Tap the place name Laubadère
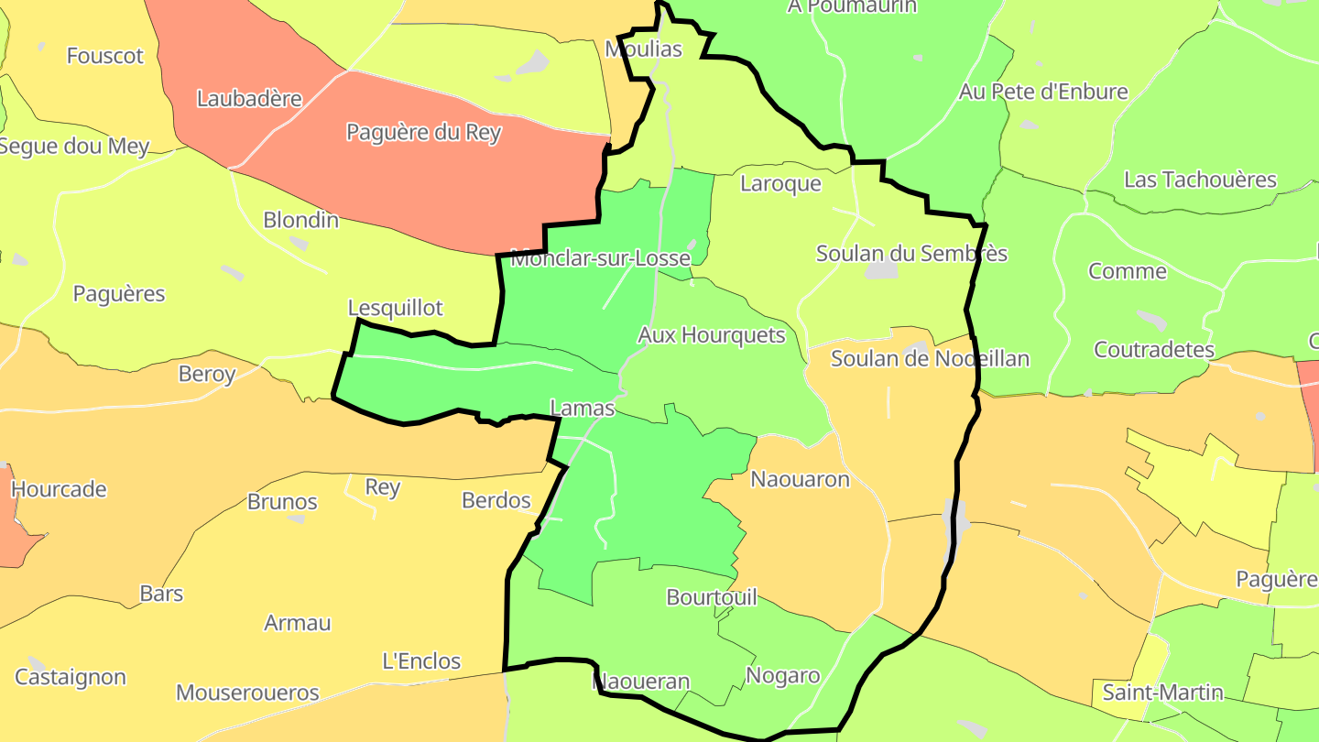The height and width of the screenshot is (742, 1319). click(x=249, y=98)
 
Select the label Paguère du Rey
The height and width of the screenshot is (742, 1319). click(x=423, y=132)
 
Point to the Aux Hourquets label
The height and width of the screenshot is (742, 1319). click(x=711, y=335)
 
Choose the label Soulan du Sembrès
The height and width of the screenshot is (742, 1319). click(x=911, y=254)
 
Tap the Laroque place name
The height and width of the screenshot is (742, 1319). click(x=780, y=183)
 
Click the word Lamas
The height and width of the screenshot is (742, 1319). click(x=582, y=409)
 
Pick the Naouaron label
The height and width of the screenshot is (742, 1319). click(x=800, y=479)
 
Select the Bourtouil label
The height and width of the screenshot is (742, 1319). click(x=712, y=597)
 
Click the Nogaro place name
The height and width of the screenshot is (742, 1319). click(x=782, y=676)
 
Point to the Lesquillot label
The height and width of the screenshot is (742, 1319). click(x=395, y=307)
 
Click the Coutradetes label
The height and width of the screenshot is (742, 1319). click(x=1153, y=350)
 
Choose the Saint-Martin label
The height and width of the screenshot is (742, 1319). click(x=1162, y=693)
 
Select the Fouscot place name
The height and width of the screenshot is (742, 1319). click(x=105, y=56)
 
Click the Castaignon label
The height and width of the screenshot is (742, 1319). click(x=71, y=678)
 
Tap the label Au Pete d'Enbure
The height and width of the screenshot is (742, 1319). click(x=1043, y=92)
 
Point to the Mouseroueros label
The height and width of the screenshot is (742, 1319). click(x=247, y=693)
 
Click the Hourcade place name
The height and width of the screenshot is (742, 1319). click(x=59, y=489)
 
